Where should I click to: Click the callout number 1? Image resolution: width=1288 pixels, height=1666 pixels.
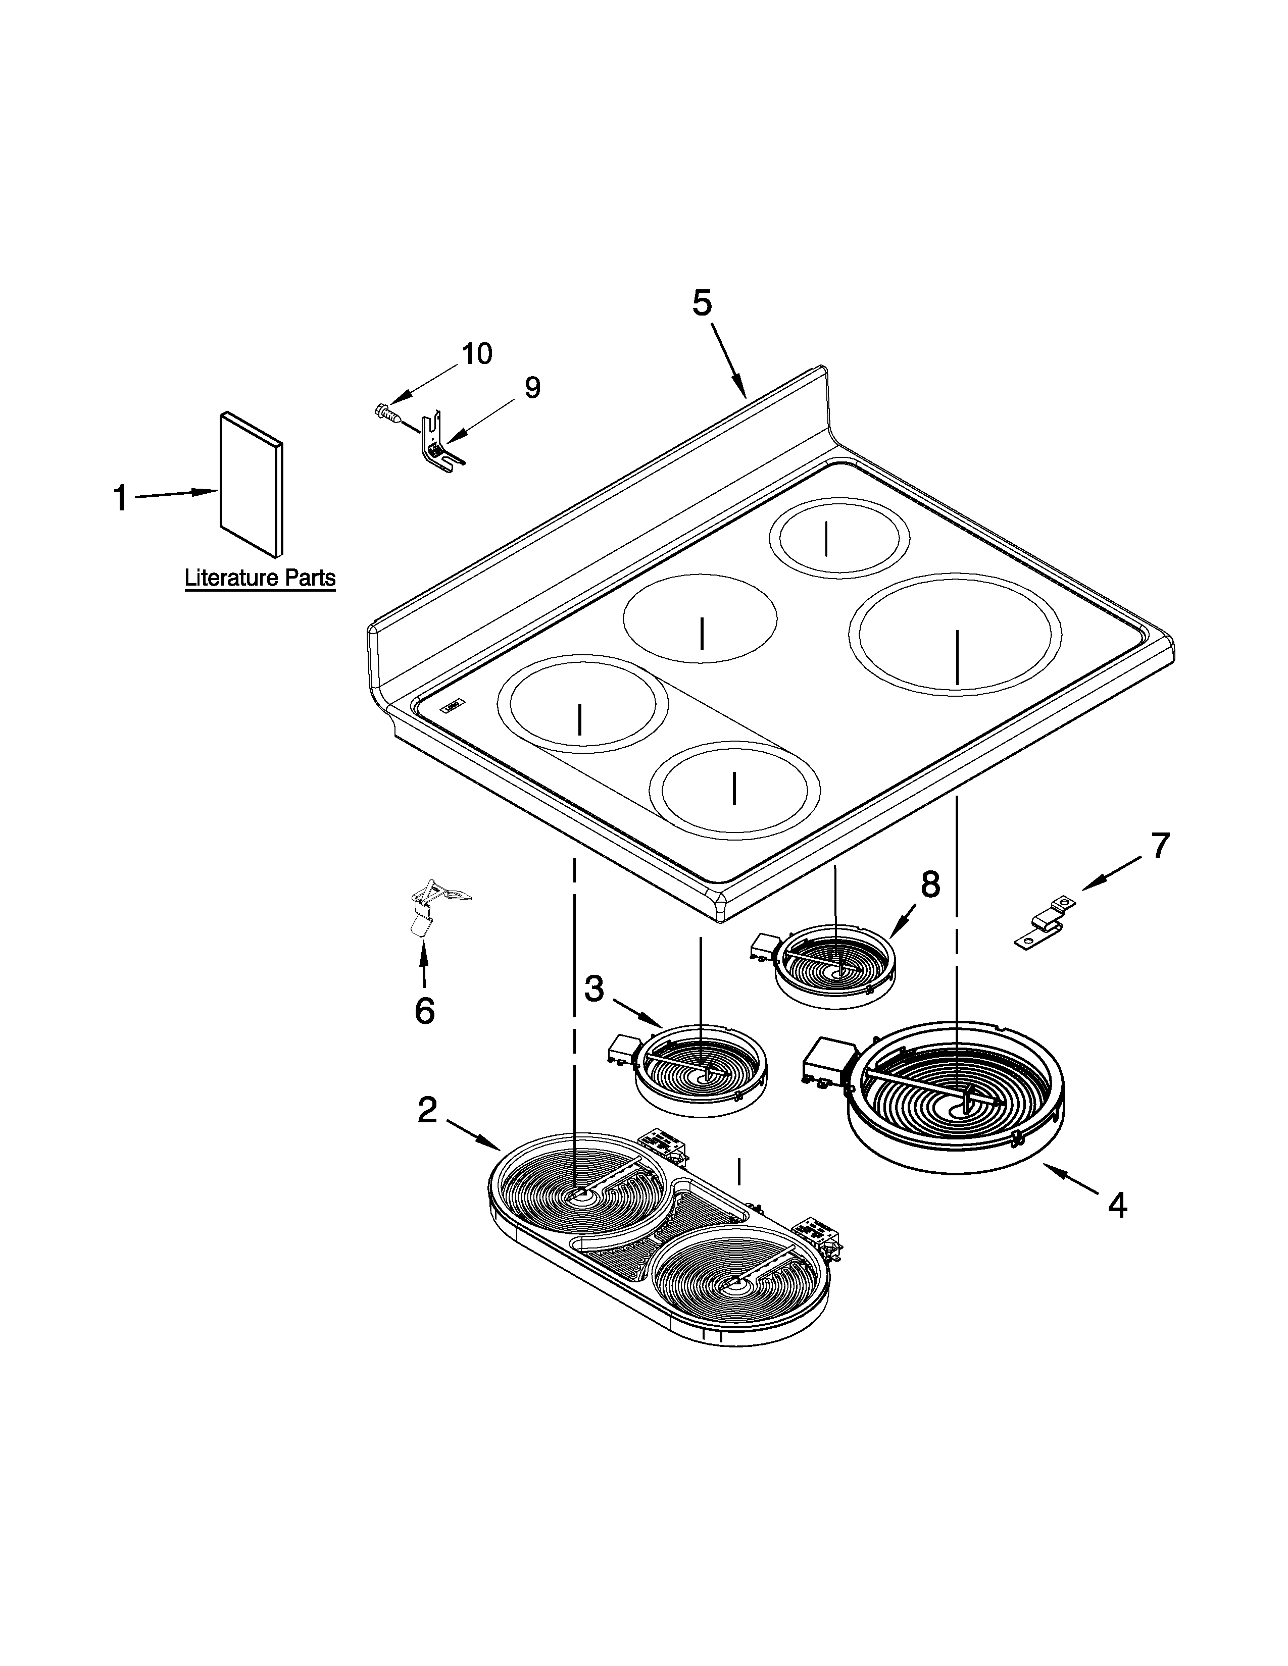(120, 498)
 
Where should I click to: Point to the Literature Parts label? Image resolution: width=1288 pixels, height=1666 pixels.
(260, 578)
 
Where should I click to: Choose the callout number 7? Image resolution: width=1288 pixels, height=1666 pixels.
(1160, 846)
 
